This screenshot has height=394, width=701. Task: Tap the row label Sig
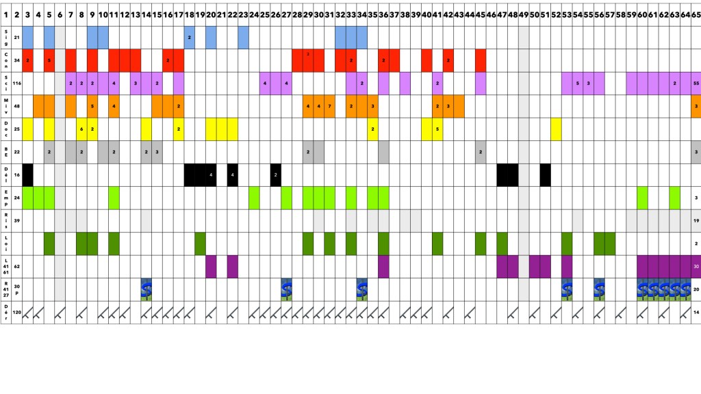pos(5,37)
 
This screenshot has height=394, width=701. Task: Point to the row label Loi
pos(5,243)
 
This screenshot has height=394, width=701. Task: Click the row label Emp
pos(5,198)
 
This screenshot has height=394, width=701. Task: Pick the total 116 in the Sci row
pos(16,83)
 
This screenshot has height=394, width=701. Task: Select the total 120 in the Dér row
pos(16,312)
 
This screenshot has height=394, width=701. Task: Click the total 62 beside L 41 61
pos(16,266)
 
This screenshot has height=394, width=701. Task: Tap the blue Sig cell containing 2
pos(189,37)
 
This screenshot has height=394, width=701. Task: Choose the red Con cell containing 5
pos(49,60)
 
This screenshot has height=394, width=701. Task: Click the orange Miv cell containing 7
pos(330,106)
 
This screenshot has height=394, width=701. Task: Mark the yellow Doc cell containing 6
pos(81,129)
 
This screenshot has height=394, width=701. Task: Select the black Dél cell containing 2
pos(275,174)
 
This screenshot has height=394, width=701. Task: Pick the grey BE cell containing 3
pos(157,152)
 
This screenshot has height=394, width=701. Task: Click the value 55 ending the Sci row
pos(696,83)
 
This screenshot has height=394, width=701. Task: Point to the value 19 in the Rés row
pos(696,220)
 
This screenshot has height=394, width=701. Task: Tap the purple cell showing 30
pos(696,266)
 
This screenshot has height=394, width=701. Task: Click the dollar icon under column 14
pos(146,289)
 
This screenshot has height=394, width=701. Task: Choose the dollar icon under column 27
pos(286,289)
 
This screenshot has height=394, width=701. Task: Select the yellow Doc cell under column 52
pos(556,129)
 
